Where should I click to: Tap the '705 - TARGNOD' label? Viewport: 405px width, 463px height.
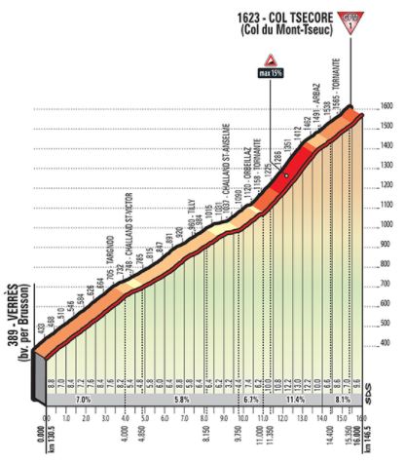pyautogui.click(x=111, y=267)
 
